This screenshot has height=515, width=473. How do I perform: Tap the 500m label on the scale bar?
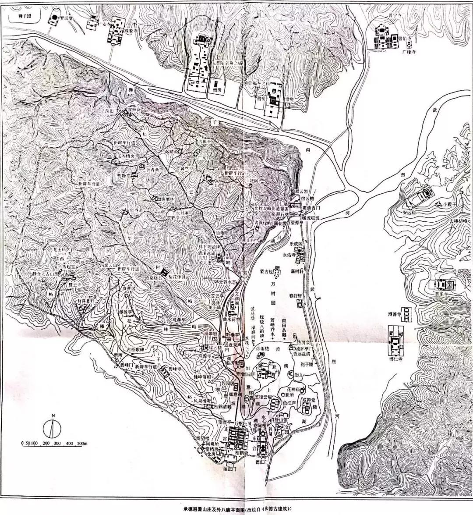[x=83, y=444]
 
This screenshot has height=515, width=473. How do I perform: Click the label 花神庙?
[x=293, y=389]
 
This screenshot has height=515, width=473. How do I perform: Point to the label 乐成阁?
[x=297, y=242]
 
